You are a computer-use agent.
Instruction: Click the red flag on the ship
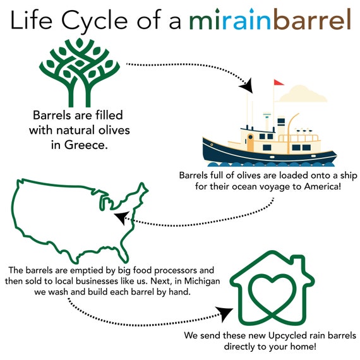pyautogui.click(x=279, y=83)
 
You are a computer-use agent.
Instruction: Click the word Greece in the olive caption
pyautogui.click(x=86, y=145)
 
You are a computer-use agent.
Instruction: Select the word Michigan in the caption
pyautogui.click(x=202, y=281)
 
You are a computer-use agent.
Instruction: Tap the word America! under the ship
pyautogui.click(x=322, y=186)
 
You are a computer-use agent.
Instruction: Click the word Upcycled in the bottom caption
pyautogui.click(x=287, y=335)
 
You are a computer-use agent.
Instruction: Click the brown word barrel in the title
pyautogui.click(x=312, y=20)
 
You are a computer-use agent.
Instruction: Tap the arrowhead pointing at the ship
pyautogui.click(x=248, y=86)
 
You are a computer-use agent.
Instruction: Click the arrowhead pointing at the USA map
pyautogui.click(x=121, y=217)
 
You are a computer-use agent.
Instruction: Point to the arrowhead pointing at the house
pyautogui.click(x=225, y=313)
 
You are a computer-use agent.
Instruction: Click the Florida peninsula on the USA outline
pyautogui.click(x=124, y=254)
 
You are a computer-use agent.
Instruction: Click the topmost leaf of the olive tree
pyautogui.click(x=80, y=43)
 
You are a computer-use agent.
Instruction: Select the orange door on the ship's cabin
pyautogui.click(x=250, y=142)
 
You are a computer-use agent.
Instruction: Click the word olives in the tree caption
pyautogui.click(x=114, y=130)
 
